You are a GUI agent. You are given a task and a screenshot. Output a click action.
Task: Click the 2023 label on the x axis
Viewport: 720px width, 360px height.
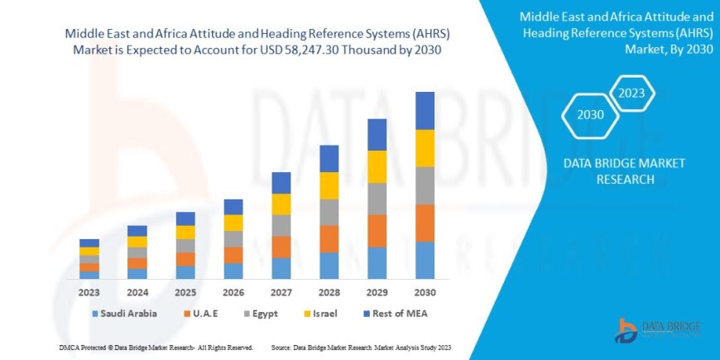pos(89,292)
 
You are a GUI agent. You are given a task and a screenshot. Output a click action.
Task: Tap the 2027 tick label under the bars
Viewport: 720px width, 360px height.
pos(281,292)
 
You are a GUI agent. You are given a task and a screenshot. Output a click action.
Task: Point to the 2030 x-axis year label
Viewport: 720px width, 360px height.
pos(425,292)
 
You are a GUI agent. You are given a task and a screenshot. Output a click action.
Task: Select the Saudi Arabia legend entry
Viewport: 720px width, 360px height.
pos(124,314)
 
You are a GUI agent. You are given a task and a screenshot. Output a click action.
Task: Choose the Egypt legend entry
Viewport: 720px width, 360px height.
pos(260,314)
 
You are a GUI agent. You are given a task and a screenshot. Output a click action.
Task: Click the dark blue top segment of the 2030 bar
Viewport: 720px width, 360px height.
pos(425,110)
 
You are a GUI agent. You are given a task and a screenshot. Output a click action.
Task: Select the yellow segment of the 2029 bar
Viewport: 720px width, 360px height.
pos(377,166)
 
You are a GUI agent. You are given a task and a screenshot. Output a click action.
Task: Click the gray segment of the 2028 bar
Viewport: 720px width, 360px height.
pos(329,212)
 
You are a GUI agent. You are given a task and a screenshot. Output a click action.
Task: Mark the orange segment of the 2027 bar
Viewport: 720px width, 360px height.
pos(281,247)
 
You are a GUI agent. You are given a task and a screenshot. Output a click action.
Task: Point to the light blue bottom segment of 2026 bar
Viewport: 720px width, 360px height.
pos(233,271)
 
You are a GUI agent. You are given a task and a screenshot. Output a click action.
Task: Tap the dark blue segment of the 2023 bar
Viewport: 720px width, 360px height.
pos(89,242)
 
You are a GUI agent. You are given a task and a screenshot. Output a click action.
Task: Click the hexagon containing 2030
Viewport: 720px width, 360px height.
pos(591,115)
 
